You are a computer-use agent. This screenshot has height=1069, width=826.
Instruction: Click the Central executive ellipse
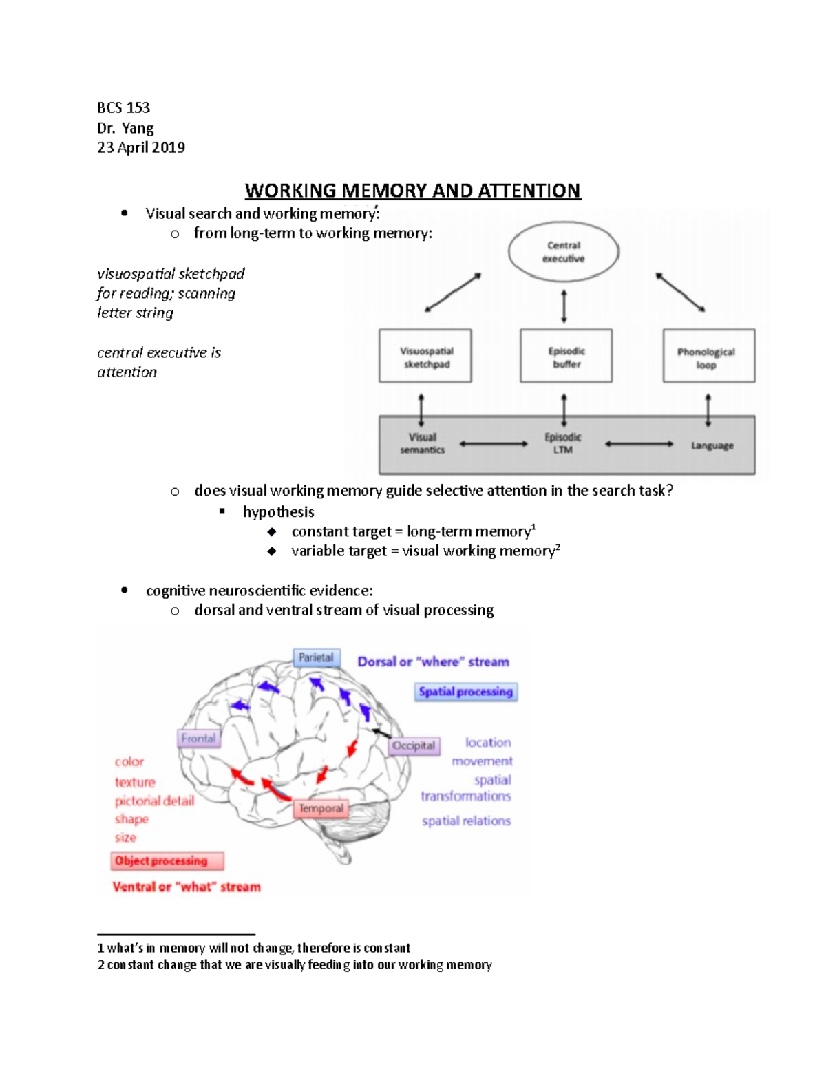pos(563,252)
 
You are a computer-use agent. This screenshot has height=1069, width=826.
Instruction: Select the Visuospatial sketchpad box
pos(425,357)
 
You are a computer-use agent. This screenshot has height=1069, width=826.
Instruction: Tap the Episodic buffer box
pos(566,357)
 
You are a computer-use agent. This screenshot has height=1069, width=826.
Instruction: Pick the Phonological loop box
pos(708,357)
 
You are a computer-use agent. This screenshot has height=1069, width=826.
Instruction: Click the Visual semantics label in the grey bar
pos(423,443)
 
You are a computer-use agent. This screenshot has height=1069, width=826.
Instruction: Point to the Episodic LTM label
pos(563,443)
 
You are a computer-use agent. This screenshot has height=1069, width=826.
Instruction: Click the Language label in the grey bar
pos(712,445)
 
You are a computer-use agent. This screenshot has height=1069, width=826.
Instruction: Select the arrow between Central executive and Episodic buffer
pos(564,306)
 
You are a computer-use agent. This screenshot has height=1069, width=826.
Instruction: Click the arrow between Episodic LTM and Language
pos(639,444)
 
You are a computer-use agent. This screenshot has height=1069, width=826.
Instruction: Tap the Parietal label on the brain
pos(316,658)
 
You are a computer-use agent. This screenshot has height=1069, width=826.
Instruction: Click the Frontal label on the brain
pos(198,739)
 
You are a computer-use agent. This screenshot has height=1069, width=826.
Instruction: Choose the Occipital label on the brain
pos(414,746)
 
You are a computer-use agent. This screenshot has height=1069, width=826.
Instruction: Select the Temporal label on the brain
pos(321,809)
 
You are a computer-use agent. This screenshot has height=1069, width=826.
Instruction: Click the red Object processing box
pos(167,861)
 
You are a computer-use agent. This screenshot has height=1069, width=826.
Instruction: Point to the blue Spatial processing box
pos(465,692)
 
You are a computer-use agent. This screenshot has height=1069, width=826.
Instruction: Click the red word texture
pos(135,782)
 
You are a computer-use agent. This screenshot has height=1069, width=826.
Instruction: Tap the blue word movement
pos(482,761)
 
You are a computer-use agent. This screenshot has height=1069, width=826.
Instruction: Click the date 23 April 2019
pos(141,147)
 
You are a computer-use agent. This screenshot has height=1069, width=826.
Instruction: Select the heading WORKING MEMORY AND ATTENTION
pos(413,191)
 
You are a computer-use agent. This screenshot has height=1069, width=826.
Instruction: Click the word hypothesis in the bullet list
pos(278,511)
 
